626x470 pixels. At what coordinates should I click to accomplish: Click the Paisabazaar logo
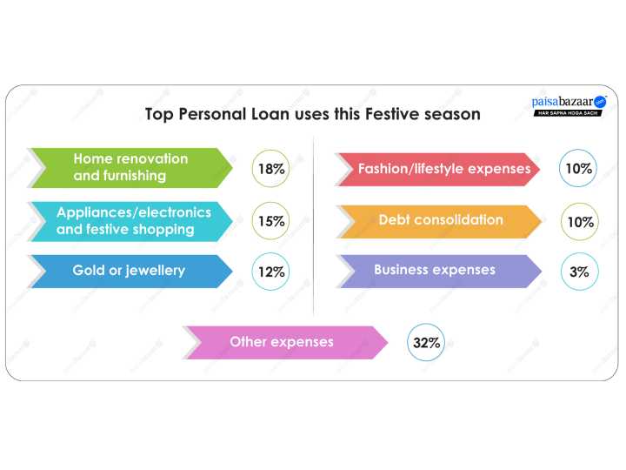click(569, 103)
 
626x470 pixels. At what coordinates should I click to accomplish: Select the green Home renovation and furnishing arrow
click(130, 168)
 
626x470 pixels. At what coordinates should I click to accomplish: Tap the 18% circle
click(271, 169)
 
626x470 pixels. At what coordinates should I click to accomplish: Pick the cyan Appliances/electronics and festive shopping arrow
click(130, 221)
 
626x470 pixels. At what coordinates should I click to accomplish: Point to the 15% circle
click(271, 221)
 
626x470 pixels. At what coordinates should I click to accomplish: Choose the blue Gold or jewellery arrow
click(130, 271)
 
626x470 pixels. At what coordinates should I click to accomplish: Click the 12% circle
click(271, 272)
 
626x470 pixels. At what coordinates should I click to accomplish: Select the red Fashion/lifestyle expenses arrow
click(439, 169)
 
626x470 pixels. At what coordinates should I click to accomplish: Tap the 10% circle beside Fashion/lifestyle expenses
click(578, 169)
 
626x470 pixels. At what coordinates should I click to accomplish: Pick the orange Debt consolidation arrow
click(439, 221)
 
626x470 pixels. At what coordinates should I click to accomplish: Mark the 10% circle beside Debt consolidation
click(579, 222)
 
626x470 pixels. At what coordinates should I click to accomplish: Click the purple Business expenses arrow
click(439, 271)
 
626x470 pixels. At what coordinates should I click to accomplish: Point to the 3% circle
click(579, 272)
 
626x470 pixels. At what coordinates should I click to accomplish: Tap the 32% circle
click(427, 343)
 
